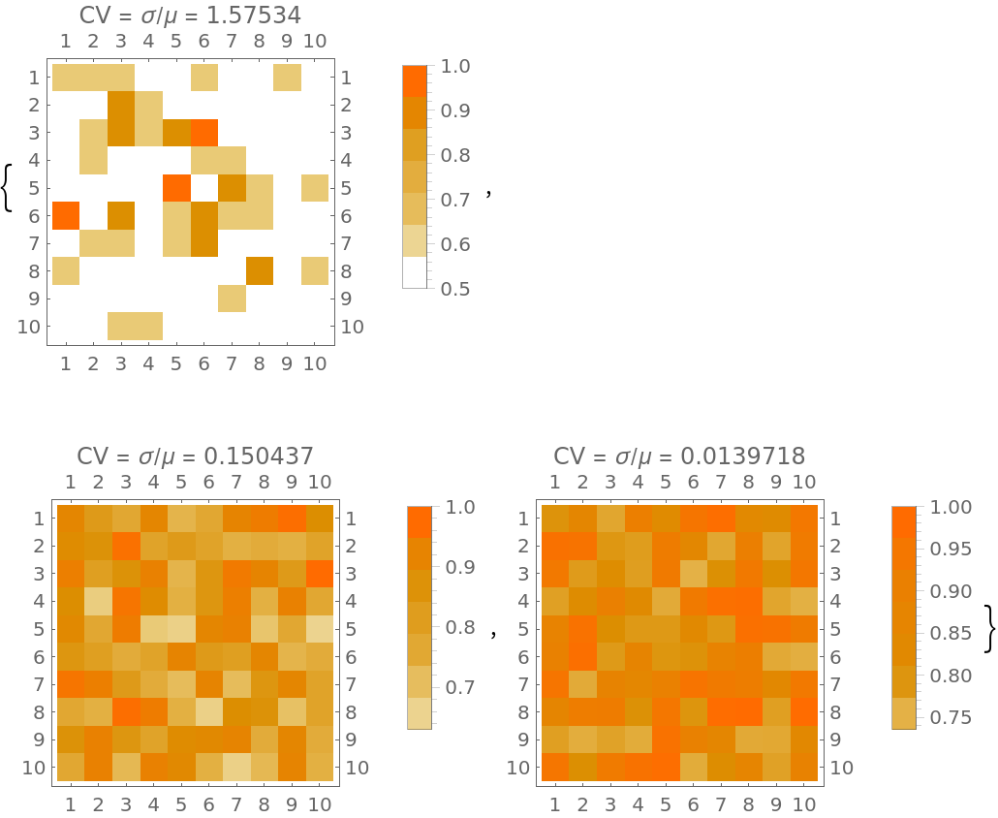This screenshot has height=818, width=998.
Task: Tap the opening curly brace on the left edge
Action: click(x=9, y=187)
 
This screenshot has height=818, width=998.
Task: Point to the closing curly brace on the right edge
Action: click(x=989, y=629)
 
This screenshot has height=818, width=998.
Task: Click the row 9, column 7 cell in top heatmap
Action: click(x=232, y=299)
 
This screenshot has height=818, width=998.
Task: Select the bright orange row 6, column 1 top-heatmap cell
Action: click(x=66, y=215)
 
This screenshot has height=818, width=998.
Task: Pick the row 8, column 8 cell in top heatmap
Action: click(x=259, y=270)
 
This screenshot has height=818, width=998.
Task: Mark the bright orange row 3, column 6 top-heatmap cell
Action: click(x=203, y=132)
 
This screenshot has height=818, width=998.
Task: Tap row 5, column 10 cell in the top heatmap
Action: click(x=314, y=187)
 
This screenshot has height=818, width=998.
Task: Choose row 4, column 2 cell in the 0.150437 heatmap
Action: click(x=99, y=601)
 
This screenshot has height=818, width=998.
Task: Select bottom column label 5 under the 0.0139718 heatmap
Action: click(x=665, y=803)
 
